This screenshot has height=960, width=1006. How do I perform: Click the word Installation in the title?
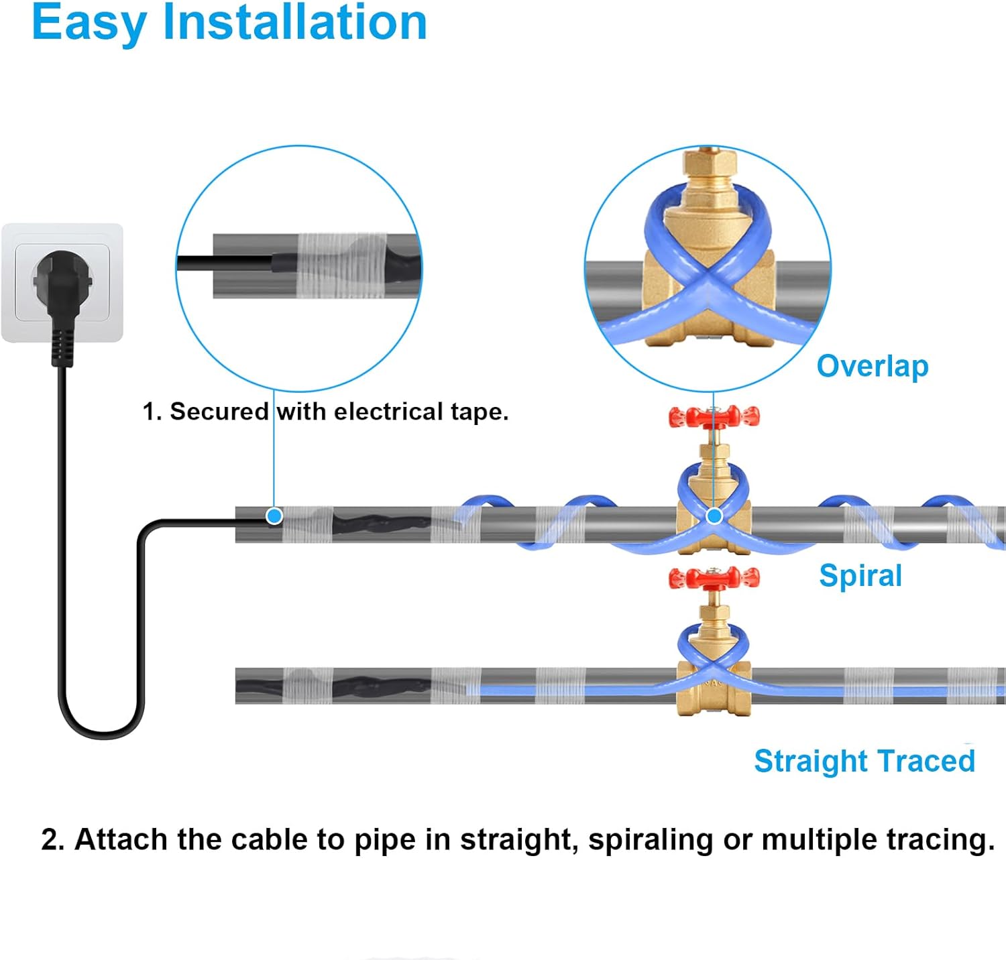[295, 23]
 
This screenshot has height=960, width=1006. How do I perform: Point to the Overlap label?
[873, 367]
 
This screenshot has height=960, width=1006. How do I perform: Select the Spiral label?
[860, 576]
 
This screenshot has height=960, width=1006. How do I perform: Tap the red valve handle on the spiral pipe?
[714, 417]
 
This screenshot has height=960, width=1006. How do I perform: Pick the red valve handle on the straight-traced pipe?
[714, 578]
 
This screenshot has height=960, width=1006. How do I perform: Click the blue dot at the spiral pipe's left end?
[274, 516]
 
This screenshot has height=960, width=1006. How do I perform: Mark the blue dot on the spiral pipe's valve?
[714, 516]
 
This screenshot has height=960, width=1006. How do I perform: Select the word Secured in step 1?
[219, 412]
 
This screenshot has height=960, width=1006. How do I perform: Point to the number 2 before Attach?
[51, 840]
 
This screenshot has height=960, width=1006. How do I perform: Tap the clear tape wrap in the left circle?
[342, 266]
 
